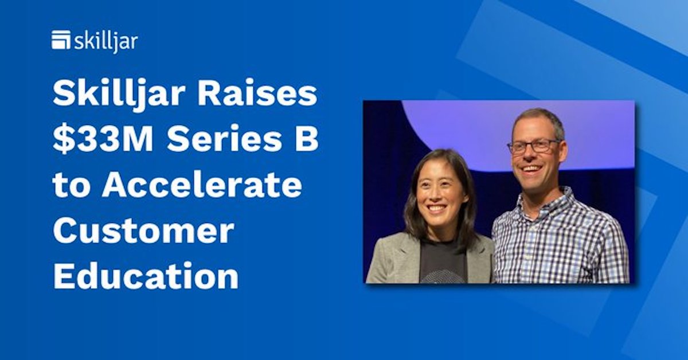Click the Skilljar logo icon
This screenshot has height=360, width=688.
point(61,40)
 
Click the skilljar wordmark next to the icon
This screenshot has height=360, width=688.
point(105,41)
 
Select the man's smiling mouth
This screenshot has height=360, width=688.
point(530,169)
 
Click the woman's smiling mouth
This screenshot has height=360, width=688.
point(437,209)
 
